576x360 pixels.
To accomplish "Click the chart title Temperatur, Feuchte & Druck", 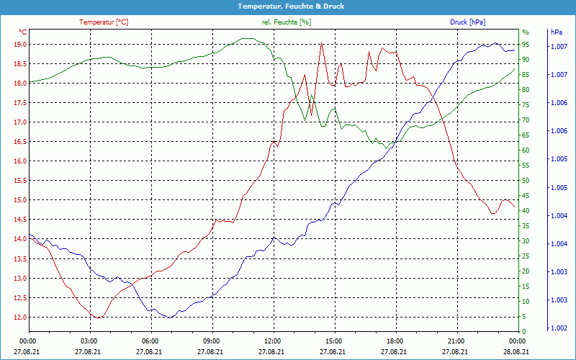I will click(x=288, y=6).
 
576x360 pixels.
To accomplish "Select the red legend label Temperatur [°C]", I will click(x=104, y=22).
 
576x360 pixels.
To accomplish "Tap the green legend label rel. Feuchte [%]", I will click(x=287, y=22).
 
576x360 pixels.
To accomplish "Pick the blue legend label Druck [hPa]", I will click(x=467, y=22).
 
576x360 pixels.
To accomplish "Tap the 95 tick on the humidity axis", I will click(x=526, y=45).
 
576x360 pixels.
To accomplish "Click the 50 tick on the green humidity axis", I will click(x=526, y=181).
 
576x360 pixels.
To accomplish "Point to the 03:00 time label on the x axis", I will click(x=89, y=341).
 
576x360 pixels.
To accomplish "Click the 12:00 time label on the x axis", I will click(x=273, y=341).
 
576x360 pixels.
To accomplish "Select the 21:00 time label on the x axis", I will click(x=456, y=341).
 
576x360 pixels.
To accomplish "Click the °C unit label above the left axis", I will click(x=23, y=32).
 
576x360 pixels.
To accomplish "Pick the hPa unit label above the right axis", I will click(x=556, y=32).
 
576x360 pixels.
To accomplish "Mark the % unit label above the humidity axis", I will click(x=526, y=32).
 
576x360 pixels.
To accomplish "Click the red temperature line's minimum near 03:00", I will click(x=96, y=317).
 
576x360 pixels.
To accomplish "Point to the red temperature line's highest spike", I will click(x=321, y=43).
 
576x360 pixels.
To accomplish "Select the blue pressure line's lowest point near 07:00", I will click(x=169, y=317).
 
